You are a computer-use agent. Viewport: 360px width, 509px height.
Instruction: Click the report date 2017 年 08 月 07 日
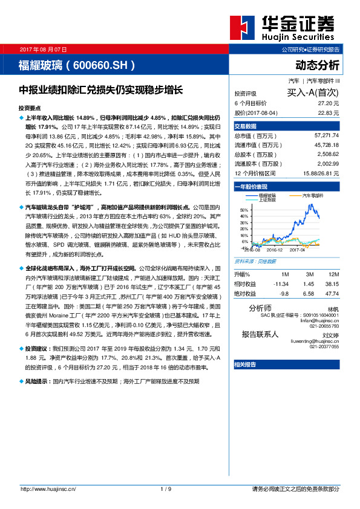tap(44, 48)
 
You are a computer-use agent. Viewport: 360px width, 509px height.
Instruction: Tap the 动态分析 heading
tap(317, 65)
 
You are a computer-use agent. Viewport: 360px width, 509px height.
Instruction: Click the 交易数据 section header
tap(246, 126)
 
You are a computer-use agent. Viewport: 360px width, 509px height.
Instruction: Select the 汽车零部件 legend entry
tap(313, 195)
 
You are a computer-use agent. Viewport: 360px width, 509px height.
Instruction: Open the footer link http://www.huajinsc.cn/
tap(49, 488)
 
